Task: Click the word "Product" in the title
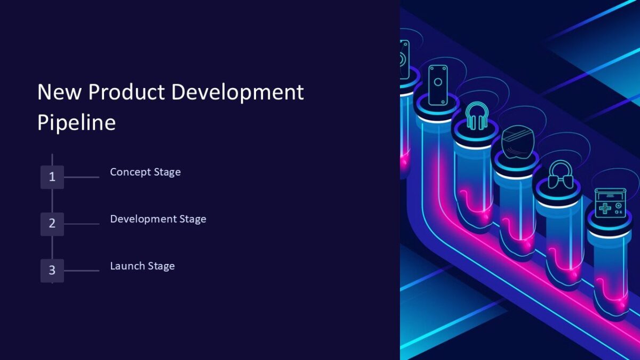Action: pos(126,92)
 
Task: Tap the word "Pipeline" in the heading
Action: pos(76,123)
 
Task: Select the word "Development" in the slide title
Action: pos(237,92)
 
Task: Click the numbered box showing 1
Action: pos(52,177)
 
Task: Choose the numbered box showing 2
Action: pos(52,223)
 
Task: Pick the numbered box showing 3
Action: pos(52,270)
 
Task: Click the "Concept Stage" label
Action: pos(145,172)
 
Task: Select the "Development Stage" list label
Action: pos(158,219)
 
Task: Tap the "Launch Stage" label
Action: pos(142,266)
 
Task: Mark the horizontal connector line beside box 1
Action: pos(81,177)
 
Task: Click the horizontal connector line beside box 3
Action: pos(81,271)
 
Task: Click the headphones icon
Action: pos(476,116)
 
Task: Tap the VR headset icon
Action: pos(517,142)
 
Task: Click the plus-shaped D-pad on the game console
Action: pos(604,207)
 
